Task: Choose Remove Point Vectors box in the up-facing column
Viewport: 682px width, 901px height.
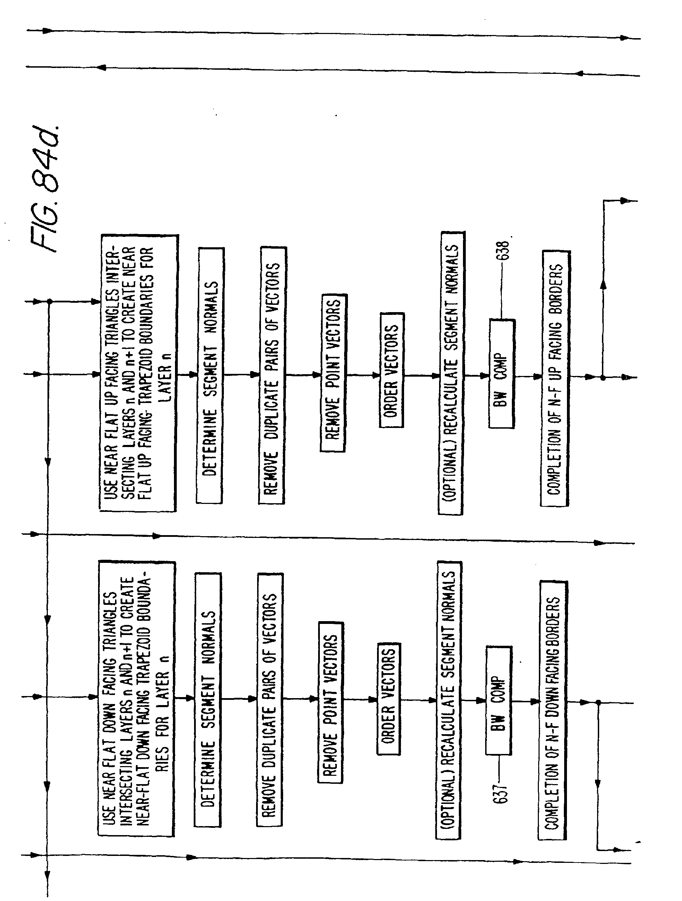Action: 333,373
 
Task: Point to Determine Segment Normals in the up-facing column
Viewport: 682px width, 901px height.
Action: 210,375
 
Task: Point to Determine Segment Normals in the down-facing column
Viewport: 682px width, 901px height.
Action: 208,700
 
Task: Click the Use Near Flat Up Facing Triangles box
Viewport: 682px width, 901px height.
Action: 138,373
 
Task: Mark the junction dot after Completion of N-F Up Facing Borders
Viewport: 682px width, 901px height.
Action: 603,378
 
